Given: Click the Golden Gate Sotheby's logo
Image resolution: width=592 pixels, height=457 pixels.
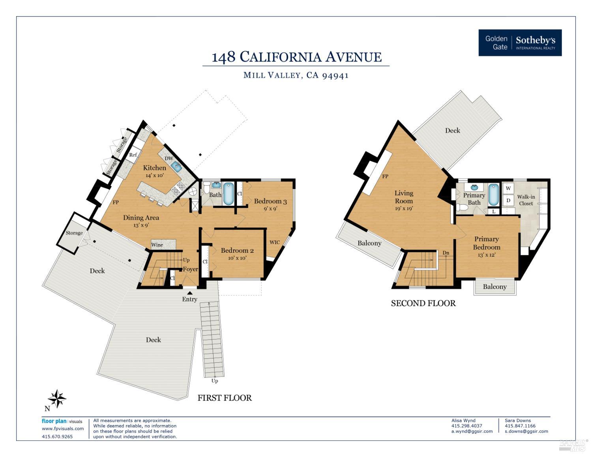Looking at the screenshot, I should (520, 43).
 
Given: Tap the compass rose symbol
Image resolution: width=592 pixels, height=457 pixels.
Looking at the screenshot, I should (57, 399).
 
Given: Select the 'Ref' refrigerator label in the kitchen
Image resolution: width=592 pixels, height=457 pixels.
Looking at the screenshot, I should (133, 155).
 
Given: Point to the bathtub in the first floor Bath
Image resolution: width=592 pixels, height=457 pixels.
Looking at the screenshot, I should (229, 193).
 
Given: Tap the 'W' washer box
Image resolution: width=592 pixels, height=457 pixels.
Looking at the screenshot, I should (508, 188).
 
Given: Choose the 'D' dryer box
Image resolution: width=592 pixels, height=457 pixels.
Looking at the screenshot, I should (508, 200).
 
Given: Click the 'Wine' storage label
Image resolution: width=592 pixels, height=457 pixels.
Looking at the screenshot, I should (157, 245).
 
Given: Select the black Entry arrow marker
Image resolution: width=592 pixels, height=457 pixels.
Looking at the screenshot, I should (190, 293).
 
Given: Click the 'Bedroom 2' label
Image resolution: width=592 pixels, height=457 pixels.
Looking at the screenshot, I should (237, 250).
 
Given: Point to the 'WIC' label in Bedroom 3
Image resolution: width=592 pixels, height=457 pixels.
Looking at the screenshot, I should (275, 242).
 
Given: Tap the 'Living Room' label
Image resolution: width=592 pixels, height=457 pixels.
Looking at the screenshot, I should (404, 197).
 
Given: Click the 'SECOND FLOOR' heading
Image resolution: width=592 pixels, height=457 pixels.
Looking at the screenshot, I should (423, 303).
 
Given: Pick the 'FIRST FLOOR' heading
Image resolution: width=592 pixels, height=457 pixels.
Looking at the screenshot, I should (225, 398).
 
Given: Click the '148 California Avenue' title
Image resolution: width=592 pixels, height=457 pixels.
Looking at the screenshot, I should (296, 57).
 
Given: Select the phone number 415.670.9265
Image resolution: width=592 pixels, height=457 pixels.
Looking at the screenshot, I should (57, 436).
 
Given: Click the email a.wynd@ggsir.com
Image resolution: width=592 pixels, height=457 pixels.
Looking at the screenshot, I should (472, 431).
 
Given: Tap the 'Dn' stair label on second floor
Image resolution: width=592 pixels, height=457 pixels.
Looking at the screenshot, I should (446, 253).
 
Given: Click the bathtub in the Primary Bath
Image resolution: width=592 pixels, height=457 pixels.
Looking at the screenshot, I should (493, 194).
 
